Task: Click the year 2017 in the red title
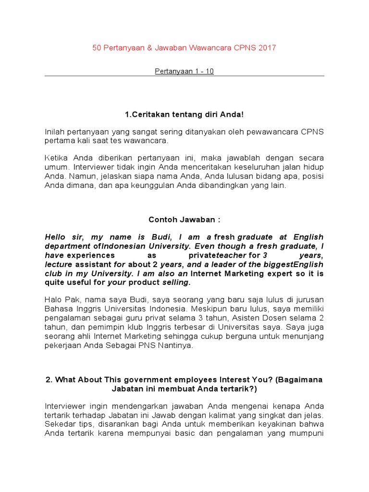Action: (x=267, y=48)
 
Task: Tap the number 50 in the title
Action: (x=97, y=48)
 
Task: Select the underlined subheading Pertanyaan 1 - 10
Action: (x=184, y=71)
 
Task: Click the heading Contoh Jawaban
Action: (x=184, y=219)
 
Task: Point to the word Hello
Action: (x=57, y=237)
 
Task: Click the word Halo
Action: (x=53, y=301)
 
